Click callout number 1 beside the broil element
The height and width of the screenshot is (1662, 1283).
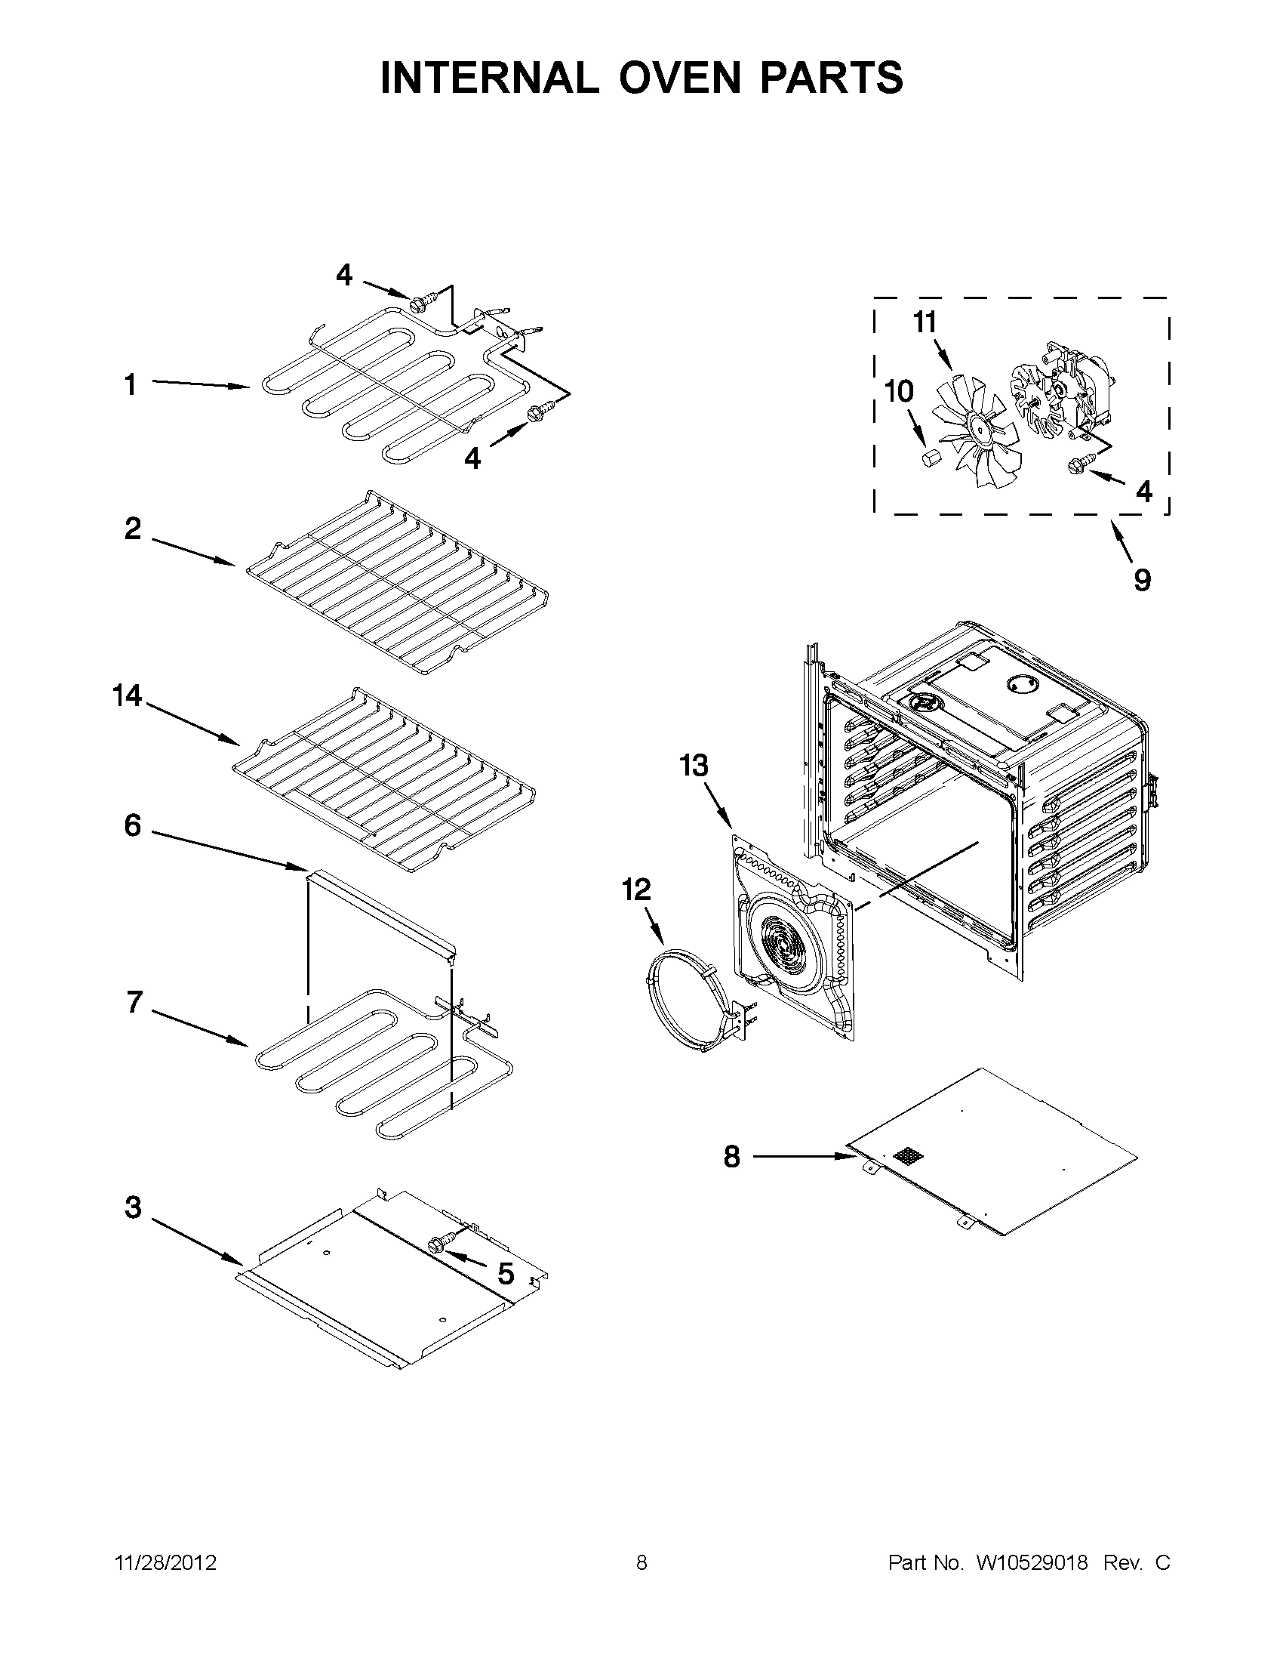[131, 385]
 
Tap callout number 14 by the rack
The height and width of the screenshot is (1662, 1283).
[127, 695]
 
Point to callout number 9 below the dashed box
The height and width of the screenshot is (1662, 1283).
[1143, 580]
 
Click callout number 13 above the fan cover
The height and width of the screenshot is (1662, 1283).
[693, 766]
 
